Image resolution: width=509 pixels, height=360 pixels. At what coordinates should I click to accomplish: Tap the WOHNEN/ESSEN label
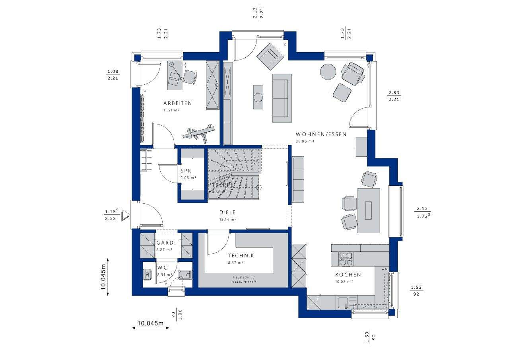pyautogui.click(x=321, y=134)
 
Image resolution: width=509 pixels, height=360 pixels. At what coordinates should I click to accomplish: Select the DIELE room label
pyautogui.click(x=228, y=212)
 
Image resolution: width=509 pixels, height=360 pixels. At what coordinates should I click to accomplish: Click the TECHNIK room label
pyautogui.click(x=241, y=256)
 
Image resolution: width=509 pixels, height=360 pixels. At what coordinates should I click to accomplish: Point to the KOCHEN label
pyautogui.click(x=348, y=275)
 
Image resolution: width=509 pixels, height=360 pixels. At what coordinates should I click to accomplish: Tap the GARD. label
pyautogui.click(x=165, y=243)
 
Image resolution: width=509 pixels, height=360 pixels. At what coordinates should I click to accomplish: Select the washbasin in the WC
pyautogui.click(x=147, y=274)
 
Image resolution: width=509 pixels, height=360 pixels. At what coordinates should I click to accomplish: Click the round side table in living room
pyautogui.click(x=328, y=72)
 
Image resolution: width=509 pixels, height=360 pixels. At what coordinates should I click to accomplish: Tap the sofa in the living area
pyautogui.click(x=282, y=98)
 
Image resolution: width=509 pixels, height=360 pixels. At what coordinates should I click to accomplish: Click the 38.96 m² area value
pyautogui.click(x=305, y=141)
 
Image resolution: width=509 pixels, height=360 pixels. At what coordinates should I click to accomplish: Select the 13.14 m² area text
pyautogui.click(x=228, y=219)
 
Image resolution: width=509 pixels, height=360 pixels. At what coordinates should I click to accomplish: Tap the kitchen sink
pyautogui.click(x=343, y=303)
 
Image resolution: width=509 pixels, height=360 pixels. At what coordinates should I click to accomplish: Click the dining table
pyautogui.click(x=369, y=210)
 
